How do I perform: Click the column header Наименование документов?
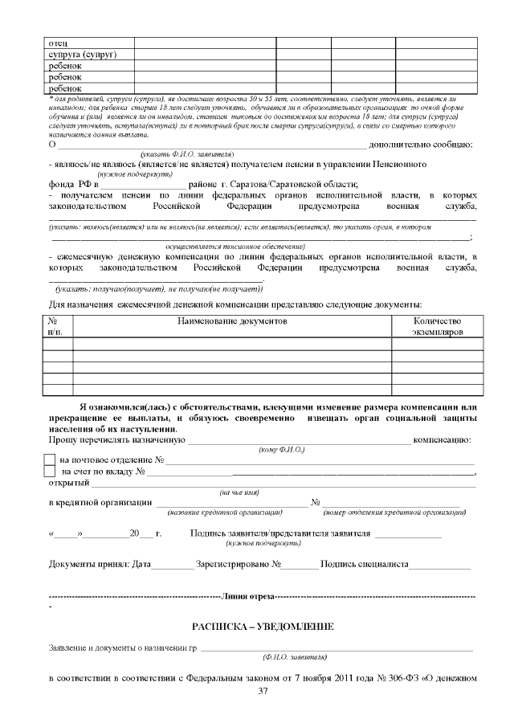click(x=231, y=321)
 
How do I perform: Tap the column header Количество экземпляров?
click(x=437, y=326)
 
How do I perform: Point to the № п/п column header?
click(x=58, y=326)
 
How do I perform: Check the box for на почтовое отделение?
click(x=49, y=460)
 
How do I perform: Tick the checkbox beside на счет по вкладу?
click(x=49, y=472)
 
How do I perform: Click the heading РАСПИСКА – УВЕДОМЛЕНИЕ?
click(x=263, y=626)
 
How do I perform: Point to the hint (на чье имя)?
click(x=239, y=492)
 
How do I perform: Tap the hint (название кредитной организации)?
click(x=226, y=513)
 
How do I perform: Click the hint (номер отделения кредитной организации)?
click(x=394, y=513)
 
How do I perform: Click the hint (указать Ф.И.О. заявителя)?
click(x=187, y=153)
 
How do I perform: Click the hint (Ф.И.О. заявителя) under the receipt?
click(x=295, y=656)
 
